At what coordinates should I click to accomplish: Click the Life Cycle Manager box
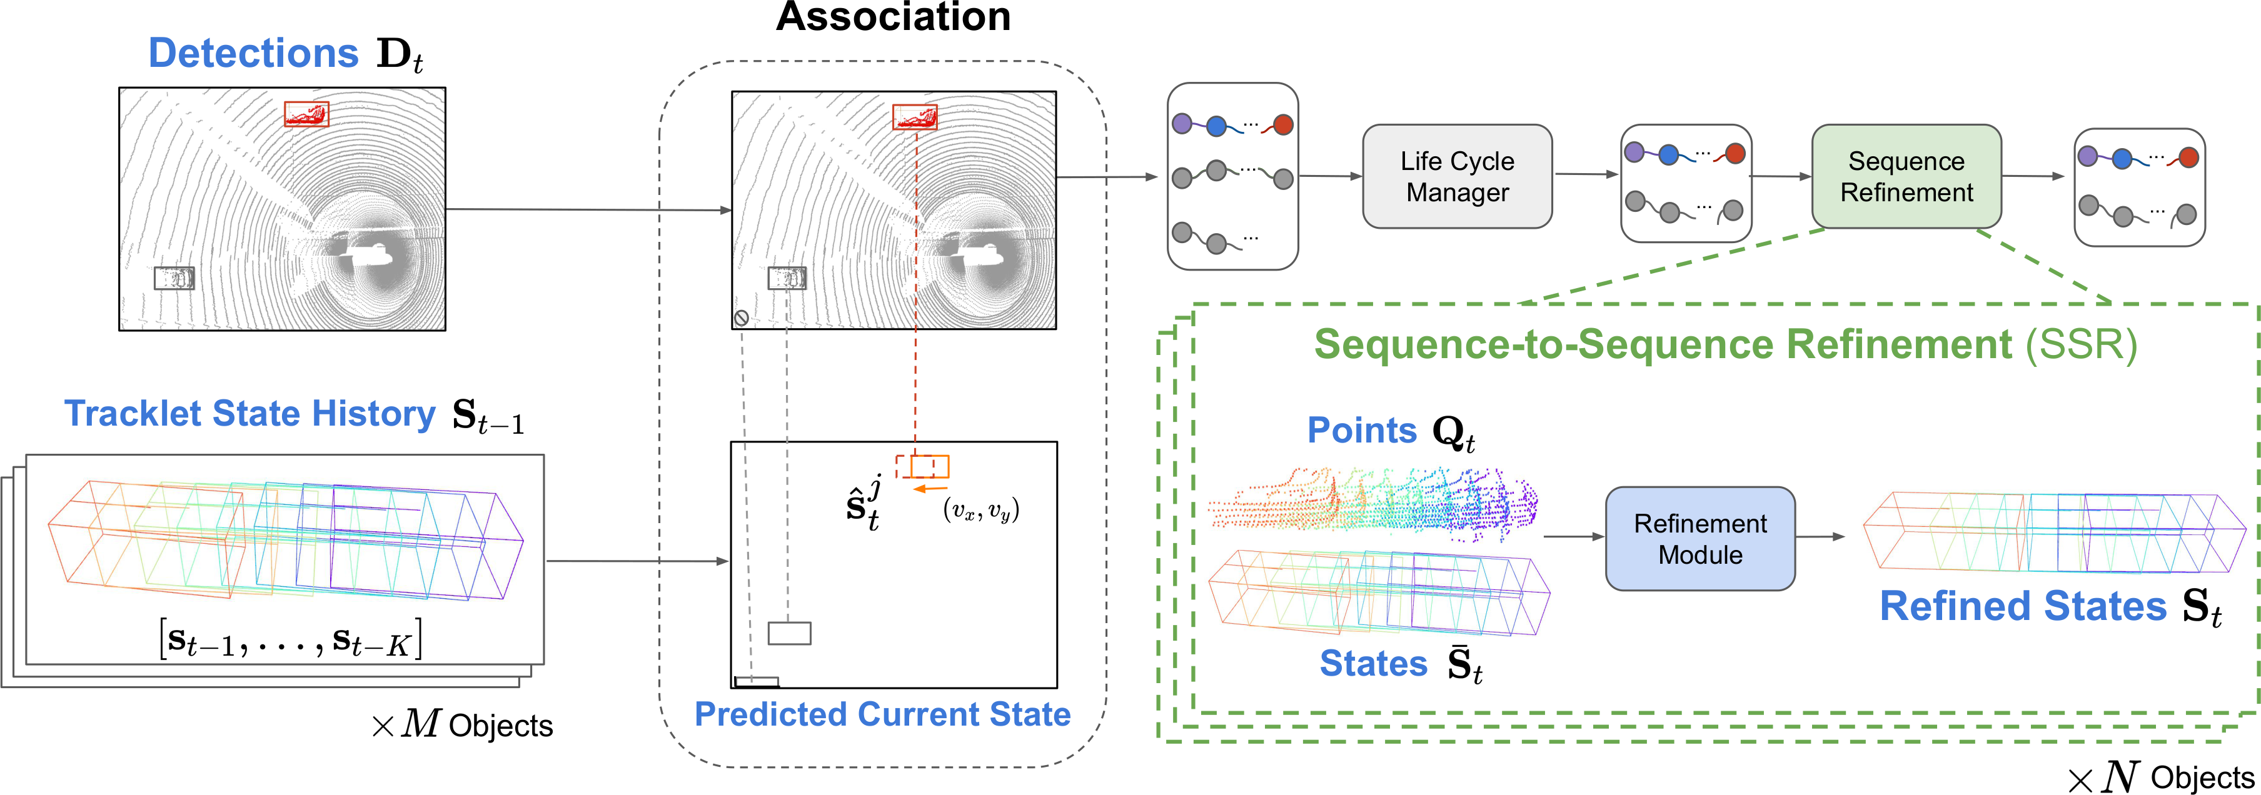point(1457,176)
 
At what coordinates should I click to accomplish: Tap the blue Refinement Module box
point(1700,539)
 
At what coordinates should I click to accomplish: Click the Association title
point(893,17)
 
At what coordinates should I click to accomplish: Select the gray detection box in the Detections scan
point(174,278)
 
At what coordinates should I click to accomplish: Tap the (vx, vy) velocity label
point(980,510)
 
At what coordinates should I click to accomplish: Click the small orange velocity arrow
point(930,489)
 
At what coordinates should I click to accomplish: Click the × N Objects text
point(2161,777)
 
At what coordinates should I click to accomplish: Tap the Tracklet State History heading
point(249,413)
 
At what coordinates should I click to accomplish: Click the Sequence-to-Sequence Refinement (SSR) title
point(1725,344)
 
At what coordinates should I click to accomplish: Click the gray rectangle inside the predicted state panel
point(789,632)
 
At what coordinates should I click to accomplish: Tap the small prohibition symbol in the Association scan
point(742,317)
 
